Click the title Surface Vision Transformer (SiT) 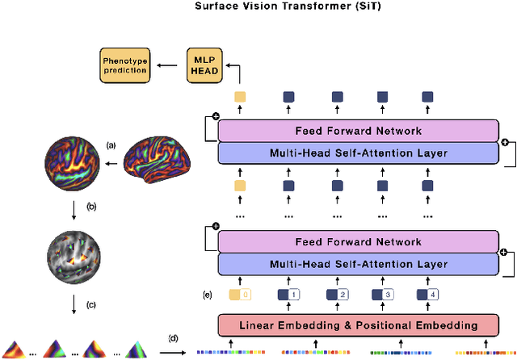(258, 6)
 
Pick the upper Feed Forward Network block (359, 130)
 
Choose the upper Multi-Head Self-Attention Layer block (359, 153)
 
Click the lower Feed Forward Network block (359, 241)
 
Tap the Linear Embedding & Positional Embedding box (359, 325)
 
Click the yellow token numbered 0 (240, 295)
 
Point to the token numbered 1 (288, 295)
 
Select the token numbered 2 (337, 295)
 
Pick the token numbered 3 (383, 295)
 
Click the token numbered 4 (428, 295)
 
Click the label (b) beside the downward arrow (91, 207)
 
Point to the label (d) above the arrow (173, 337)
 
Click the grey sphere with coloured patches (74, 257)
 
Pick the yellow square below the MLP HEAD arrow (240, 98)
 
